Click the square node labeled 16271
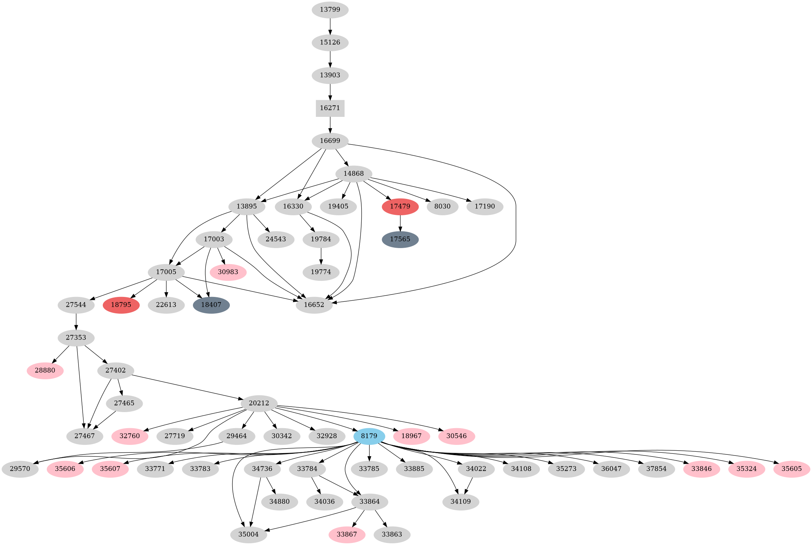330,108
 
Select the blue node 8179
369,436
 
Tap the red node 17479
400,206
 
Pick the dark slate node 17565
400,240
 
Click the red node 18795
121,305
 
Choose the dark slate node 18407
211,305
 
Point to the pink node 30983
228,272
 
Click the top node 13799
330,10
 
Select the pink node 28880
45,370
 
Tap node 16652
314,305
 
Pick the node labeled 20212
259,404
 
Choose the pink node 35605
792,469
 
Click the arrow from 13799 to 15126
330,26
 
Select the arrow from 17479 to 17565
400,223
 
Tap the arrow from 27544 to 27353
76,322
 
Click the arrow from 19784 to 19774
321,256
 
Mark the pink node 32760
129,436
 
